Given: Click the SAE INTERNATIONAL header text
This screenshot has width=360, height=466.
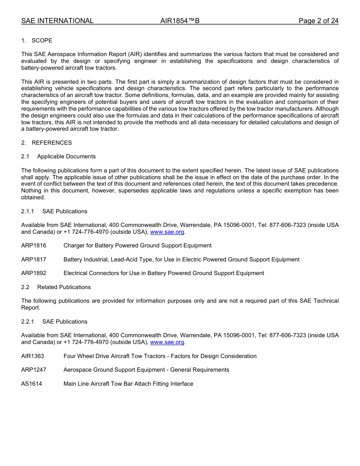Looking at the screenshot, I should (x=57, y=21).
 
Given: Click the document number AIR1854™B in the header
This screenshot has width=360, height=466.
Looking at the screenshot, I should (x=180, y=21).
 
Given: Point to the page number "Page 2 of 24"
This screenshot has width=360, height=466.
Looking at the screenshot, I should (x=318, y=21).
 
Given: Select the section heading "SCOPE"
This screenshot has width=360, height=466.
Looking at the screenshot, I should (x=42, y=41).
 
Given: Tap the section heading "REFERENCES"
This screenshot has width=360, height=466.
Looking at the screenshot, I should (x=52, y=143).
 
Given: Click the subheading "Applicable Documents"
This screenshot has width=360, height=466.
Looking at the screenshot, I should (x=66, y=156).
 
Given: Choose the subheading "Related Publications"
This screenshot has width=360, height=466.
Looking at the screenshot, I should (x=64, y=287).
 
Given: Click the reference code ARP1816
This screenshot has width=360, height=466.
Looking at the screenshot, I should (x=34, y=246).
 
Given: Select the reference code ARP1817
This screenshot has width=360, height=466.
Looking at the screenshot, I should (x=34, y=260).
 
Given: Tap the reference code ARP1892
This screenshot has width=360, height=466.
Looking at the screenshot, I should (x=34, y=273).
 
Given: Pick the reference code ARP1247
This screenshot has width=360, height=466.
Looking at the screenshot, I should (x=34, y=370).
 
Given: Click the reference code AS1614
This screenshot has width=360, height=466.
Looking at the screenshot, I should (x=31, y=384).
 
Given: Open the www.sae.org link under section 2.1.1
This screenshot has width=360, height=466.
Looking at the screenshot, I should (x=167, y=232).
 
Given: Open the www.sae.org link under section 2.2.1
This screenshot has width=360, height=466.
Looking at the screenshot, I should (x=167, y=342).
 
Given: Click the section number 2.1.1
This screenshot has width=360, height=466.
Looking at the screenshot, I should (x=28, y=211).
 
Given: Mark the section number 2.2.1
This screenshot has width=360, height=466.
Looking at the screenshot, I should (x=28, y=322).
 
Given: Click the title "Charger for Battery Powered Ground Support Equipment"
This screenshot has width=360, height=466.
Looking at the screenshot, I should (x=138, y=246).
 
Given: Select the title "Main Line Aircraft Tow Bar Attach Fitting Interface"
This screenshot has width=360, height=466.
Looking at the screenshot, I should (x=128, y=384).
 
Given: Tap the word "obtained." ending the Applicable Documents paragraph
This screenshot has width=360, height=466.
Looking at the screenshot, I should (x=33, y=197).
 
